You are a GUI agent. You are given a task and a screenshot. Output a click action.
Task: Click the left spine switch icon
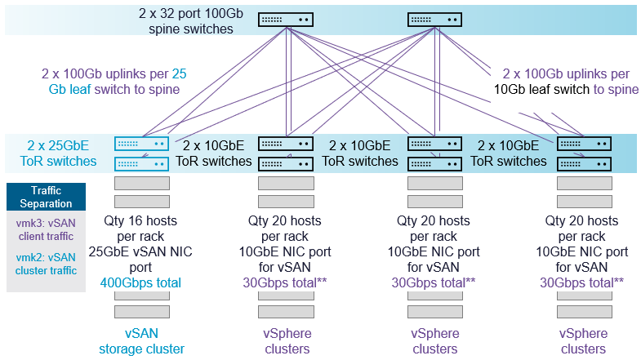(286, 20)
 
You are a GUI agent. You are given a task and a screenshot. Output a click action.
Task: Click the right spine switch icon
(434, 20)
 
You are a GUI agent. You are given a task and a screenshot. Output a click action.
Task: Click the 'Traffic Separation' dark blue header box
(46, 197)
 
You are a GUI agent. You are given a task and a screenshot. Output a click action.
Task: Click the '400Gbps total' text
(141, 282)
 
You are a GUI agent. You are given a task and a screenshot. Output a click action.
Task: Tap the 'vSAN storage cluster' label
(142, 341)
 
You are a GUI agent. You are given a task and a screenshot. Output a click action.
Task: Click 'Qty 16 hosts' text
(141, 220)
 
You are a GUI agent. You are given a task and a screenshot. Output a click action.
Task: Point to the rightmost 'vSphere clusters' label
(584, 341)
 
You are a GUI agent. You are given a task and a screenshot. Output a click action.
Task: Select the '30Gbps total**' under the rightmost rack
(582, 282)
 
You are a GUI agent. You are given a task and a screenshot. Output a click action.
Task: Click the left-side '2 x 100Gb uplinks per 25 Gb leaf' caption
(114, 81)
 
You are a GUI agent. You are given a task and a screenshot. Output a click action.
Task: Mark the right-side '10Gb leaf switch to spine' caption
(567, 89)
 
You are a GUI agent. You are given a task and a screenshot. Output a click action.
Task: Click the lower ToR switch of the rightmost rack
(584, 163)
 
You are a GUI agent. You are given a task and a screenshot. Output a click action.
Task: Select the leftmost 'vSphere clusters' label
(286, 341)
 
